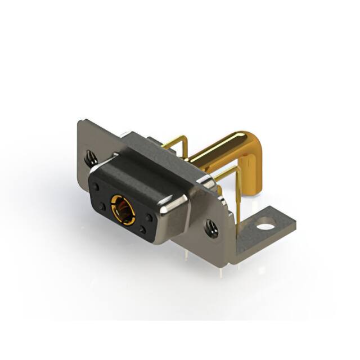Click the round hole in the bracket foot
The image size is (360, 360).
tap(263, 228)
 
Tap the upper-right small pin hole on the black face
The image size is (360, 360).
tap(148, 216)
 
